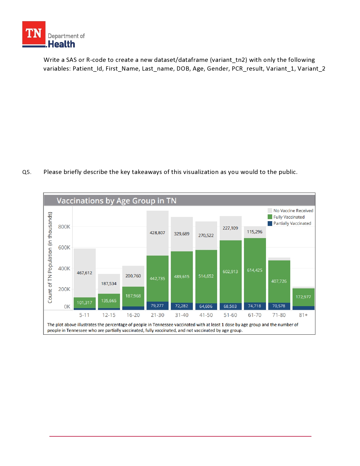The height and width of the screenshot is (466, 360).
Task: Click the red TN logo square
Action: point(34,33)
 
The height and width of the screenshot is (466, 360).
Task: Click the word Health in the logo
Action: point(62,44)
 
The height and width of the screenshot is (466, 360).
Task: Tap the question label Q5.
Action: point(27,172)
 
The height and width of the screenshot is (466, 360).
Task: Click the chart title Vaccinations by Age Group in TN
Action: point(116,201)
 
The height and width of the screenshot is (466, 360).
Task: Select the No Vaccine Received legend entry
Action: point(293,211)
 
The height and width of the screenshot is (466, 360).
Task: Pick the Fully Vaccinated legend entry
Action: point(289,217)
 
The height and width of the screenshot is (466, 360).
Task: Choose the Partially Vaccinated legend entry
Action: point(292,223)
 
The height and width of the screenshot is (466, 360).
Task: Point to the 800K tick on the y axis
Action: point(64,227)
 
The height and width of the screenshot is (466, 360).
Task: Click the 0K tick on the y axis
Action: point(67,307)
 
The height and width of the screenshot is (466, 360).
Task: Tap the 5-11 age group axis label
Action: point(84,315)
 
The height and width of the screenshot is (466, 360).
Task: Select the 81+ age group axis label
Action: point(303,315)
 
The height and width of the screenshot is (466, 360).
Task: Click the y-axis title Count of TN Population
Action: point(50,258)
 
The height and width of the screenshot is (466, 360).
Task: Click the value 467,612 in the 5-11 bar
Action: point(84,273)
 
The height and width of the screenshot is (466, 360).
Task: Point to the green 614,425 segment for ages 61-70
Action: point(255,270)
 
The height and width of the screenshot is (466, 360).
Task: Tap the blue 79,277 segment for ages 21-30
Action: point(157,306)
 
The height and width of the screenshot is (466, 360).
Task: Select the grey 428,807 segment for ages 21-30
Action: point(157,233)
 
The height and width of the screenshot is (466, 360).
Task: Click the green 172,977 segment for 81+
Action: point(303,297)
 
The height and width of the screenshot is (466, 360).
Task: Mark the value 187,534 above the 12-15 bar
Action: point(109,284)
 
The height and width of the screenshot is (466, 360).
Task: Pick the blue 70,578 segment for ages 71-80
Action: point(279,306)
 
